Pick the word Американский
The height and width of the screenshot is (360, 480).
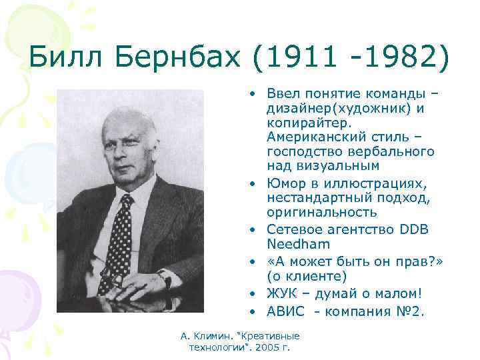point(311,137)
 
